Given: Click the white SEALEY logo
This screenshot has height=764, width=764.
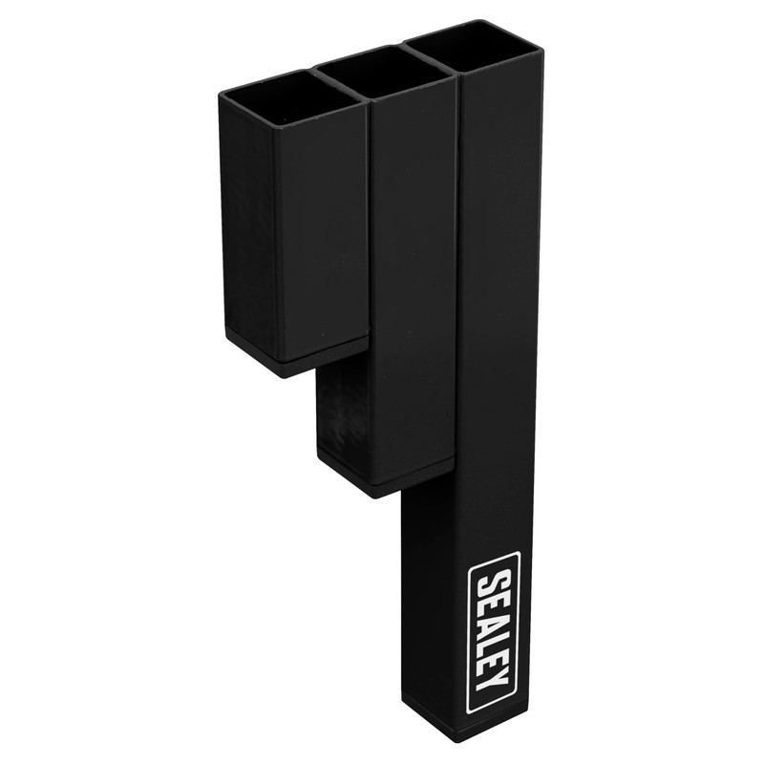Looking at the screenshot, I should pos(494,631).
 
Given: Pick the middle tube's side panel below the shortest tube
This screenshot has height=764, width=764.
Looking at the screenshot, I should pos(342,411).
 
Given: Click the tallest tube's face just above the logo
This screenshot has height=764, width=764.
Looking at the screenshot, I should pos(497,477).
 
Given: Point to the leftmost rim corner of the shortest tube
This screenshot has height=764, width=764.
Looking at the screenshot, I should pos(221,96).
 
